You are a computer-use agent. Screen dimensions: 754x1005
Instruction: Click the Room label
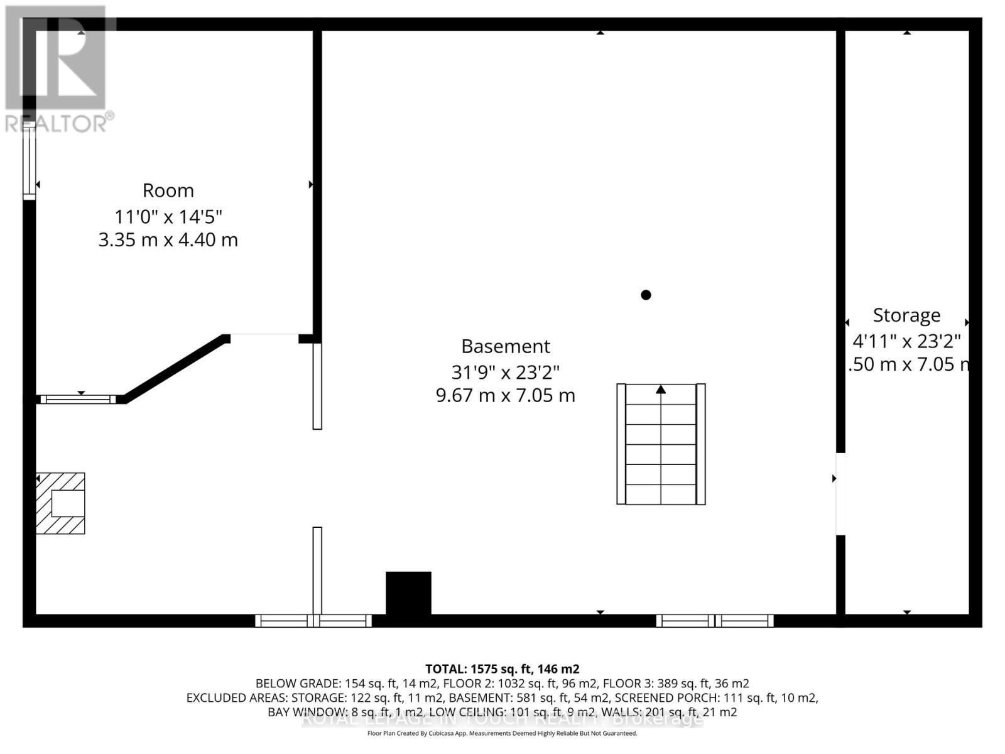(168, 190)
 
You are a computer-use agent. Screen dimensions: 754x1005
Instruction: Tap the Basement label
(506, 346)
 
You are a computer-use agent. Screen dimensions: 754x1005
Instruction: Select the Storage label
(906, 315)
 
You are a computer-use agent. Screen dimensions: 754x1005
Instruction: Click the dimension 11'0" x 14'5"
(168, 217)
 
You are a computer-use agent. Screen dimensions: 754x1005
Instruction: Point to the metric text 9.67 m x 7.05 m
(506, 395)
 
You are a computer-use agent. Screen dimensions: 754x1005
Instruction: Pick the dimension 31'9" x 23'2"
(506, 372)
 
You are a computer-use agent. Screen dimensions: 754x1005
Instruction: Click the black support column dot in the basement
(646, 295)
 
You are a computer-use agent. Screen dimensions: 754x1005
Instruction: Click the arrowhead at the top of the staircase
(661, 390)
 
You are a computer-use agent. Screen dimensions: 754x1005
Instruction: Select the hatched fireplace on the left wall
(60, 503)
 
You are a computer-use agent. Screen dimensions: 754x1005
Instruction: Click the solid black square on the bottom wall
(408, 593)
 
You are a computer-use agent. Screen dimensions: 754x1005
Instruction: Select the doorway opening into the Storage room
(840, 493)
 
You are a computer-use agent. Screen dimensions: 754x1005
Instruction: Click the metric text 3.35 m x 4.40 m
(168, 240)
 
